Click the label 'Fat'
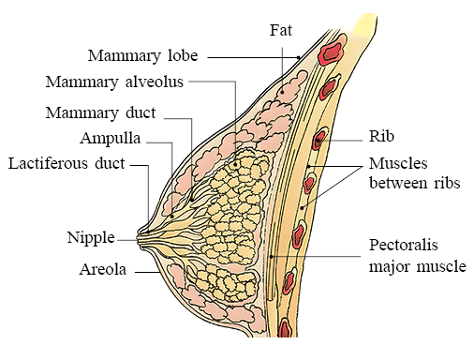(281, 30)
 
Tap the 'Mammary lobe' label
(143, 56)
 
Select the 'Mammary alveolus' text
(114, 82)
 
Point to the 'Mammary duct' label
(100, 112)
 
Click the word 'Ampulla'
(111, 139)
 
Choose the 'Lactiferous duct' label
(67, 163)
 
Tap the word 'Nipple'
(91, 238)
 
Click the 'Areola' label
(103, 269)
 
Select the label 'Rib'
(381, 136)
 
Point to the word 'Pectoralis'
(404, 245)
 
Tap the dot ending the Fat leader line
(282, 92)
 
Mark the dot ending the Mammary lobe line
(299, 57)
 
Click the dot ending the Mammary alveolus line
(235, 164)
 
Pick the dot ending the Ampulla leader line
(172, 217)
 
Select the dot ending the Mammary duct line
(192, 200)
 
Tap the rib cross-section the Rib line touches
(319, 140)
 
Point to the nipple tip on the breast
(139, 239)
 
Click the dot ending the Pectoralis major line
(272, 257)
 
